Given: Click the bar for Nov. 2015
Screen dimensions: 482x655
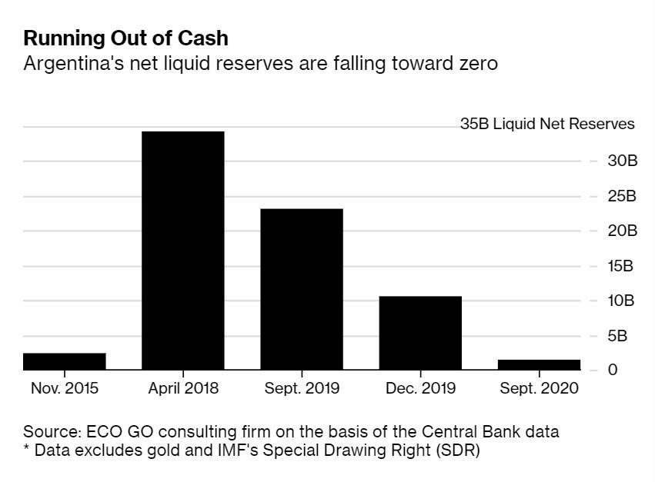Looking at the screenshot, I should coord(65,361).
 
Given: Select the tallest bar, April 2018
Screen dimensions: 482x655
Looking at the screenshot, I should coord(183,251).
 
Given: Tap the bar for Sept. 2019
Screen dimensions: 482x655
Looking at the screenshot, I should coord(302,289).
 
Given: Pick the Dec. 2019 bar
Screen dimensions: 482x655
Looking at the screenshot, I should coord(420,333).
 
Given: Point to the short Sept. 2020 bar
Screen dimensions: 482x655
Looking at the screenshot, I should coord(539,364).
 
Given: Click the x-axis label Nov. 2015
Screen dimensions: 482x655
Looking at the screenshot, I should coord(65,388).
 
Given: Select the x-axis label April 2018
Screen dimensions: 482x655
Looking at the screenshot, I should coord(183,388).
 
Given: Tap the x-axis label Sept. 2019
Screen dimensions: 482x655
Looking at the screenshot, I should coord(302,388).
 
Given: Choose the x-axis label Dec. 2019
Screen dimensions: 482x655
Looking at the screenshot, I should coord(420,388).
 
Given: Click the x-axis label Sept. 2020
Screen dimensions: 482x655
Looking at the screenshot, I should coord(539,388).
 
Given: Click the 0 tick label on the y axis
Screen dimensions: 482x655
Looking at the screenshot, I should coord(613,370).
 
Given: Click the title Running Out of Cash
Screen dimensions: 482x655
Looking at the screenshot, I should coord(125,38).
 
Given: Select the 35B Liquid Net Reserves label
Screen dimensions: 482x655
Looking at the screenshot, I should coord(547,124).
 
